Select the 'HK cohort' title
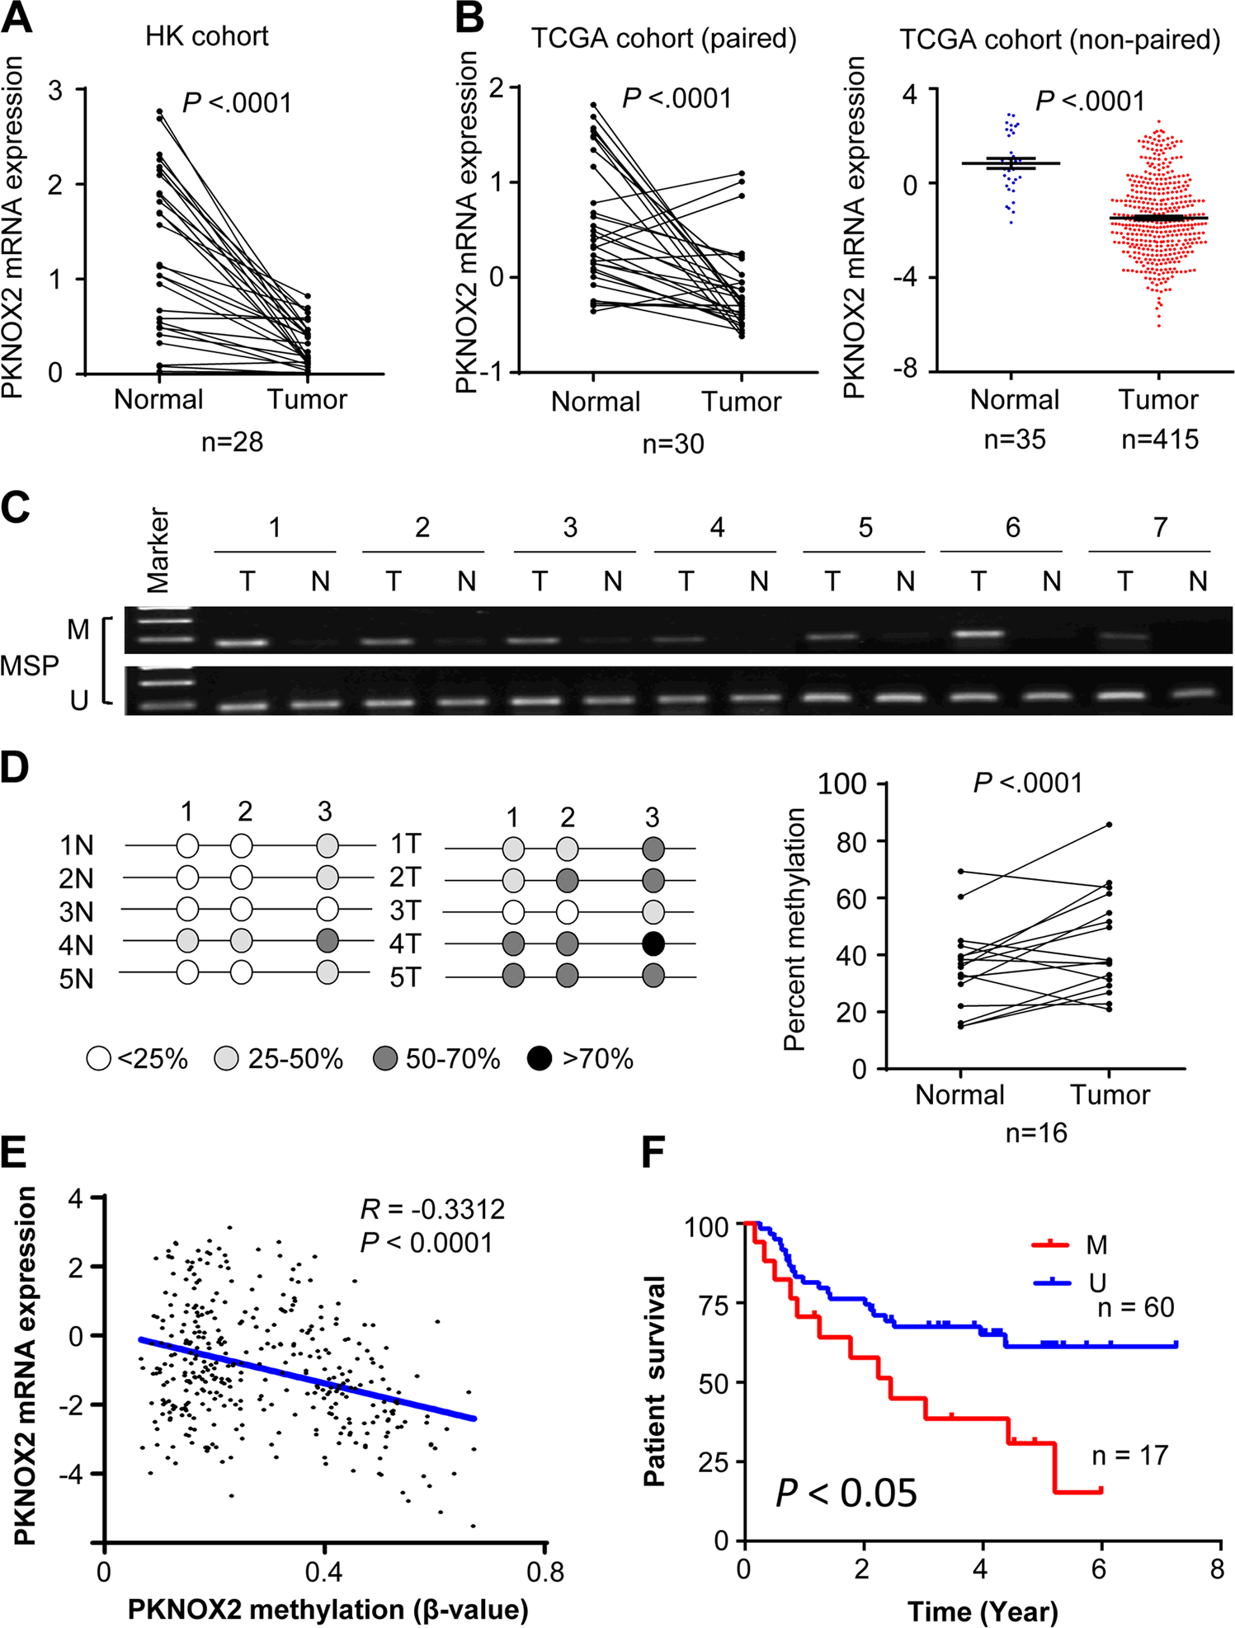pos(206,36)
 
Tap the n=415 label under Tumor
pos(1159,440)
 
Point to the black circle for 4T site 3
pos(653,943)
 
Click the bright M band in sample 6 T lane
pos(978,634)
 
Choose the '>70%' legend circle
pos(539,1058)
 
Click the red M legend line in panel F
pos(1050,1245)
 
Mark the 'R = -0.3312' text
pos(432,1210)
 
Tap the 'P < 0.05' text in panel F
pos(846,1493)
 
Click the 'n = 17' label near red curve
pos(1129,1456)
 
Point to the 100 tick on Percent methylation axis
pos(841,783)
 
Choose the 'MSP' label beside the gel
pos(30,666)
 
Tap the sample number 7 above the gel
pos(1160,528)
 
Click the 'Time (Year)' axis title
pos(982,1611)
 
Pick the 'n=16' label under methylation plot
pos(1035,1133)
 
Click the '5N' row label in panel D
pos(76,979)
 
